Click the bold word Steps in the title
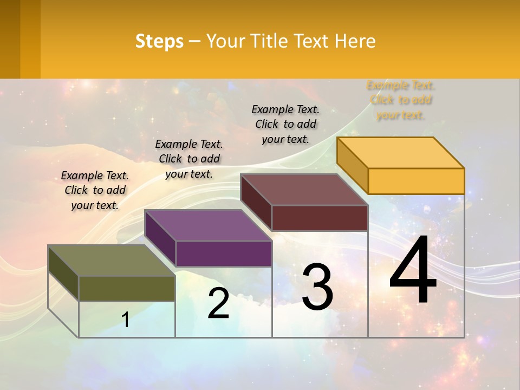point(159,41)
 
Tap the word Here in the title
point(355,41)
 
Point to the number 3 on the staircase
point(317,287)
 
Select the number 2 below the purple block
point(218,303)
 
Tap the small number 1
point(126,320)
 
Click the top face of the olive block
point(111,261)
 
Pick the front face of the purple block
point(224,253)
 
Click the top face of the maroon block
point(304,190)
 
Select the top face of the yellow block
point(400,153)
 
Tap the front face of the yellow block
point(416,181)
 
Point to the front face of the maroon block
point(320,218)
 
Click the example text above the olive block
point(95,190)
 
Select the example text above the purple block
point(189,159)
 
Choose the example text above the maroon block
point(285,124)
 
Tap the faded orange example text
point(400,100)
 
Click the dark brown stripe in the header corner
point(10,39)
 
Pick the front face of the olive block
point(127,289)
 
